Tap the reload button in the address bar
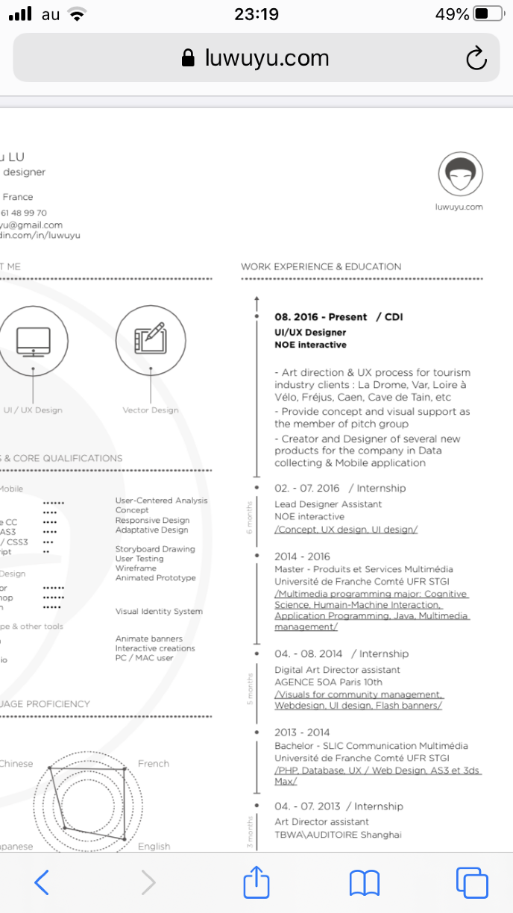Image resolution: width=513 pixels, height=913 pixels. [x=476, y=58]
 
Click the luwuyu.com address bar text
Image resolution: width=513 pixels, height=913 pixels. [x=267, y=58]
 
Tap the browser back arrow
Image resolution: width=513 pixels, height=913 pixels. [x=43, y=882]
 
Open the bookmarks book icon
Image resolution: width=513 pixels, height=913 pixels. [x=365, y=882]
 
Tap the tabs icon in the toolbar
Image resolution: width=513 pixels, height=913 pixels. [x=471, y=882]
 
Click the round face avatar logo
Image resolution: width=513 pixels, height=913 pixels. [x=460, y=175]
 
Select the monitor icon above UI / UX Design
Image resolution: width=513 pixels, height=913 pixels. [x=33, y=340]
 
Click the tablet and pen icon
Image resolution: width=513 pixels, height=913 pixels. [x=151, y=340]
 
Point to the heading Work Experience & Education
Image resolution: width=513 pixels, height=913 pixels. [x=321, y=266]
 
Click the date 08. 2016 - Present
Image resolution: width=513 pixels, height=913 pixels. [x=321, y=317]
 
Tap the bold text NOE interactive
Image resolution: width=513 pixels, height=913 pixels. [x=310, y=345]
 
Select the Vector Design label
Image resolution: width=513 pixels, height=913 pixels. [x=151, y=410]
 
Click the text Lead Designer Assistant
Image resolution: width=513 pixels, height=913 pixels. [x=328, y=504]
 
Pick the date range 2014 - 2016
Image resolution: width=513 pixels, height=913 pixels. [x=302, y=556]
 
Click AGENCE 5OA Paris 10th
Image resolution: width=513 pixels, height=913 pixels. [x=328, y=682]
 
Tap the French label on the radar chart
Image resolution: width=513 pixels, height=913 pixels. [x=154, y=764]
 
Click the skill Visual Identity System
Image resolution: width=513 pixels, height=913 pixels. [x=159, y=612]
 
